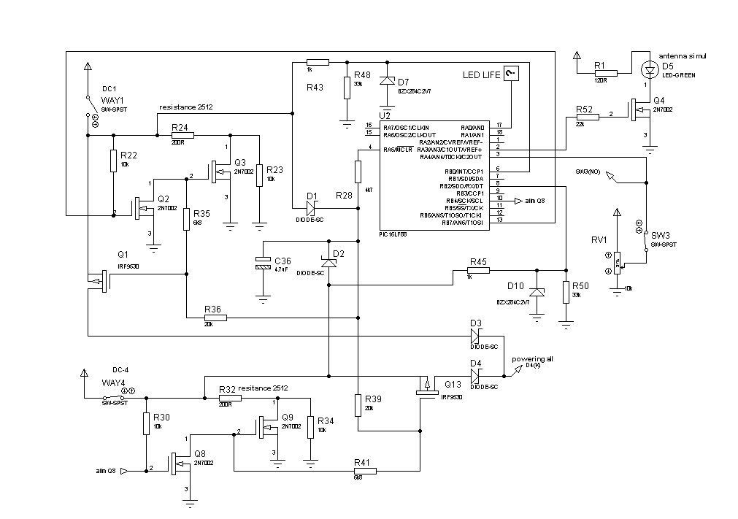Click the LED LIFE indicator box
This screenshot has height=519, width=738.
512,73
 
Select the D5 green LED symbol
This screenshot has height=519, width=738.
647,70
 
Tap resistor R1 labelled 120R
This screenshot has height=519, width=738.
606,73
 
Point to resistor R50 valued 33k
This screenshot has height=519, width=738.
566,292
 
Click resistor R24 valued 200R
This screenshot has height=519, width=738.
182,134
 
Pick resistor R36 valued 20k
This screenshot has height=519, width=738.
216,318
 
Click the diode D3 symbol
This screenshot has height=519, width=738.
476,336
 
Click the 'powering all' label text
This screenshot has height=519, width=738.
532,359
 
